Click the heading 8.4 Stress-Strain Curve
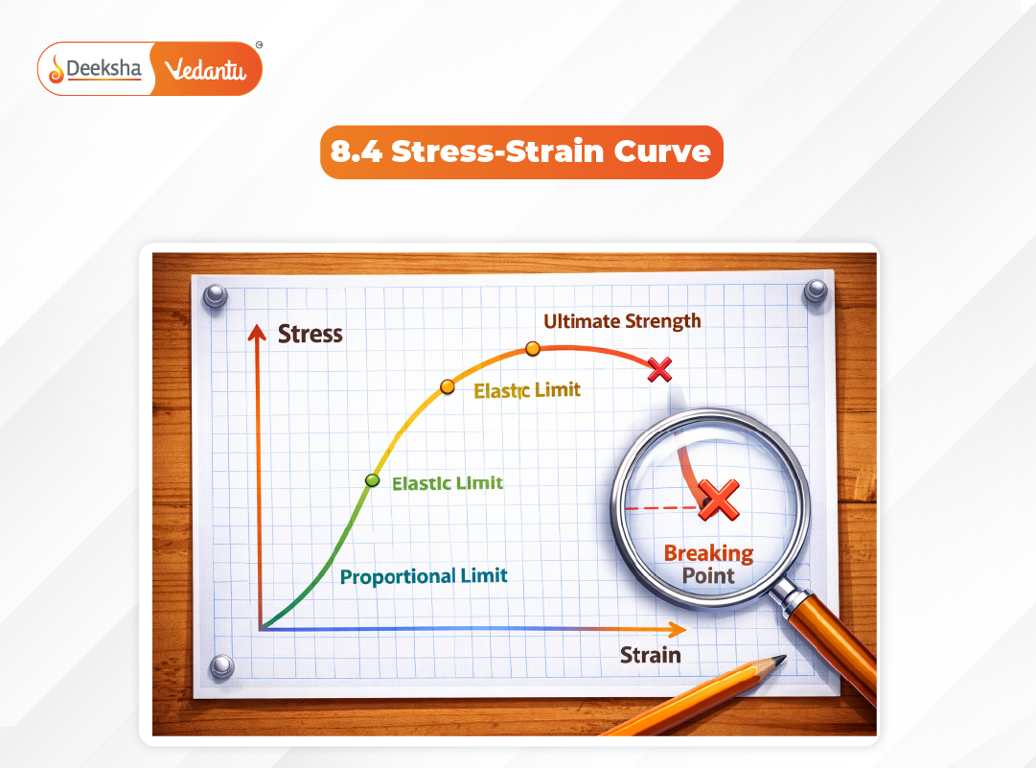click(521, 151)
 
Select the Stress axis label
click(310, 334)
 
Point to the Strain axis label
click(650, 655)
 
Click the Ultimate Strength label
click(622, 321)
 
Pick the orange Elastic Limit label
click(527, 390)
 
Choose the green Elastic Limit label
click(447, 483)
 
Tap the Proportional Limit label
click(424, 576)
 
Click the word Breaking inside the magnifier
click(708, 553)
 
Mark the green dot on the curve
click(372, 480)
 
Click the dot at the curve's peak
click(532, 349)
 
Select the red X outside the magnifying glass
click(659, 369)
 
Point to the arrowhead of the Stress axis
click(256, 332)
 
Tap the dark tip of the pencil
click(778, 661)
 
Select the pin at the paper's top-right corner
click(816, 291)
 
